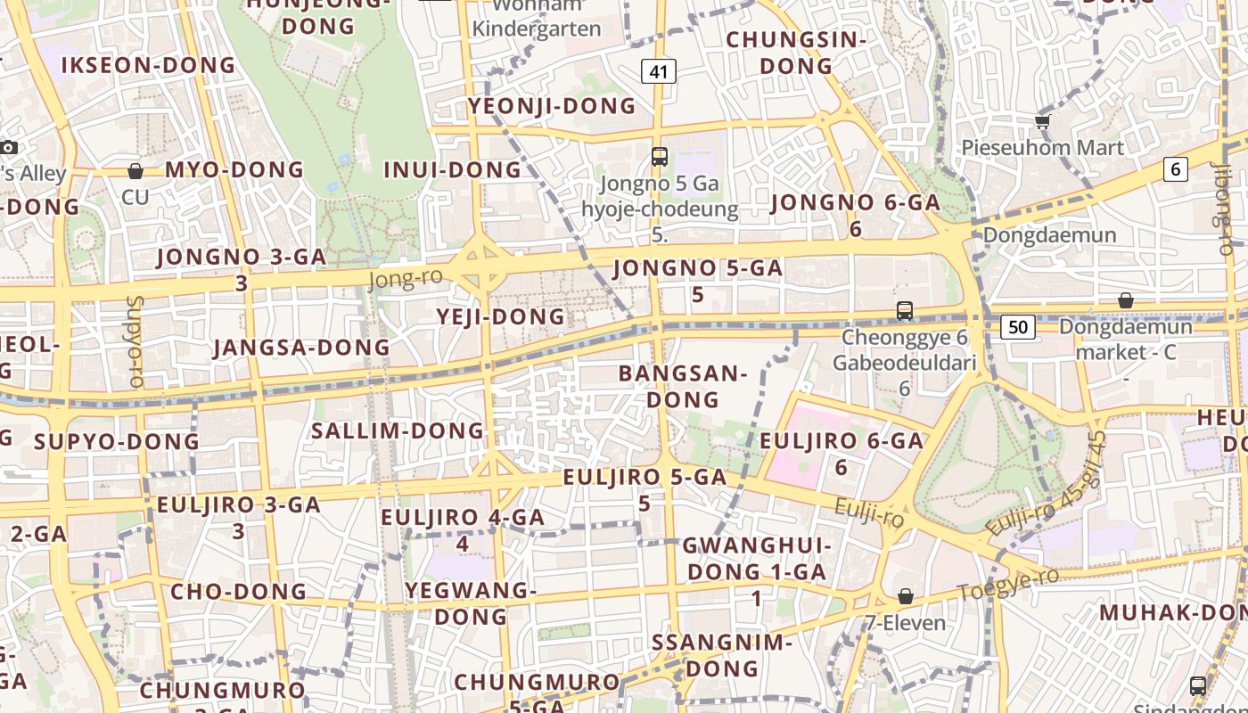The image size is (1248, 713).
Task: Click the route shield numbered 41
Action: pos(659,71)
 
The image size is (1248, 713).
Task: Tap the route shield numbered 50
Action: pos(1018,327)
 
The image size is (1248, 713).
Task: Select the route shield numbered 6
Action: pos(1176,168)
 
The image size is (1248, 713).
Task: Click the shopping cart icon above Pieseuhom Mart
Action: pos(1042,120)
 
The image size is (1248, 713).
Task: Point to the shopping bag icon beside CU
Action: pos(135,170)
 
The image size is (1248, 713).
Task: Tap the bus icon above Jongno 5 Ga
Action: pos(660,157)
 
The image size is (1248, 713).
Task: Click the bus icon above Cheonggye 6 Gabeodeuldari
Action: pos(905,311)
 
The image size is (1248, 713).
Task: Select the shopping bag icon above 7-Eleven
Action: pos(906,595)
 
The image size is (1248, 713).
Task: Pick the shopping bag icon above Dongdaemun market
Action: pos(1126,300)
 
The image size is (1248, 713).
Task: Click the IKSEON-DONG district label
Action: pos(149,65)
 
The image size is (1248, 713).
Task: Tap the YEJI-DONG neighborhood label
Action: pos(501,316)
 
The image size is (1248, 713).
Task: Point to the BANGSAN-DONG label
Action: pos(683,386)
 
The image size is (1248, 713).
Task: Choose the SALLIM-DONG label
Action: pos(398,431)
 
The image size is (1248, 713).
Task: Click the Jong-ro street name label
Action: pos(406,280)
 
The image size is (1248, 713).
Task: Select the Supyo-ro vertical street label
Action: pos(135,341)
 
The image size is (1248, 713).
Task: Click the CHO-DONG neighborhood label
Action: pos(238,591)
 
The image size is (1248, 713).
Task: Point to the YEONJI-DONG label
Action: pos(553,106)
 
